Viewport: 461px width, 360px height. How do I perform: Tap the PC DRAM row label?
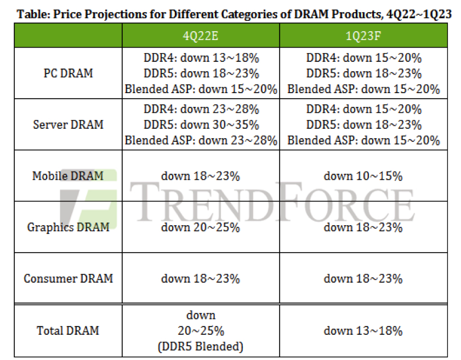coord(68,73)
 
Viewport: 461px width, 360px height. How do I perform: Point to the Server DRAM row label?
coord(68,124)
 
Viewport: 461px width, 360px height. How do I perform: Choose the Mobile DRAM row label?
coord(68,176)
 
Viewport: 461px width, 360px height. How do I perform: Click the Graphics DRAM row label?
coord(68,227)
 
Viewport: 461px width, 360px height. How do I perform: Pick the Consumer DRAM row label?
coord(68,278)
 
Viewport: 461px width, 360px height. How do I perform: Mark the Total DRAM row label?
coord(68,330)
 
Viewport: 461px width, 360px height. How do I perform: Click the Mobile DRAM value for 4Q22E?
coord(201,176)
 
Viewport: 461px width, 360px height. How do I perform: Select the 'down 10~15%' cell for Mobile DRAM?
coord(363,176)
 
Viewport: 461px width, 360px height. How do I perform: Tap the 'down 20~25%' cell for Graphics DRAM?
coord(201,227)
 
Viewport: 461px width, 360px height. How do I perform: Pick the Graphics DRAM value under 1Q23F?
coord(363,227)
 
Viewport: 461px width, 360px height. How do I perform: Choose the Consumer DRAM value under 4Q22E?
coord(201,278)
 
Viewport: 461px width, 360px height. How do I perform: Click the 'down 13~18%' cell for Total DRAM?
coord(363,330)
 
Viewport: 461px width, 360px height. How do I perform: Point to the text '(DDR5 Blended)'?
coord(201,346)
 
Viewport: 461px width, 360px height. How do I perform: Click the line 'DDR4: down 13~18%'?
coord(201,58)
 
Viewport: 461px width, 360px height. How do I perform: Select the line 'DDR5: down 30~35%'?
coord(201,124)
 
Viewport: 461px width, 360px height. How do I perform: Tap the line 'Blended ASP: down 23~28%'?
coord(201,140)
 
